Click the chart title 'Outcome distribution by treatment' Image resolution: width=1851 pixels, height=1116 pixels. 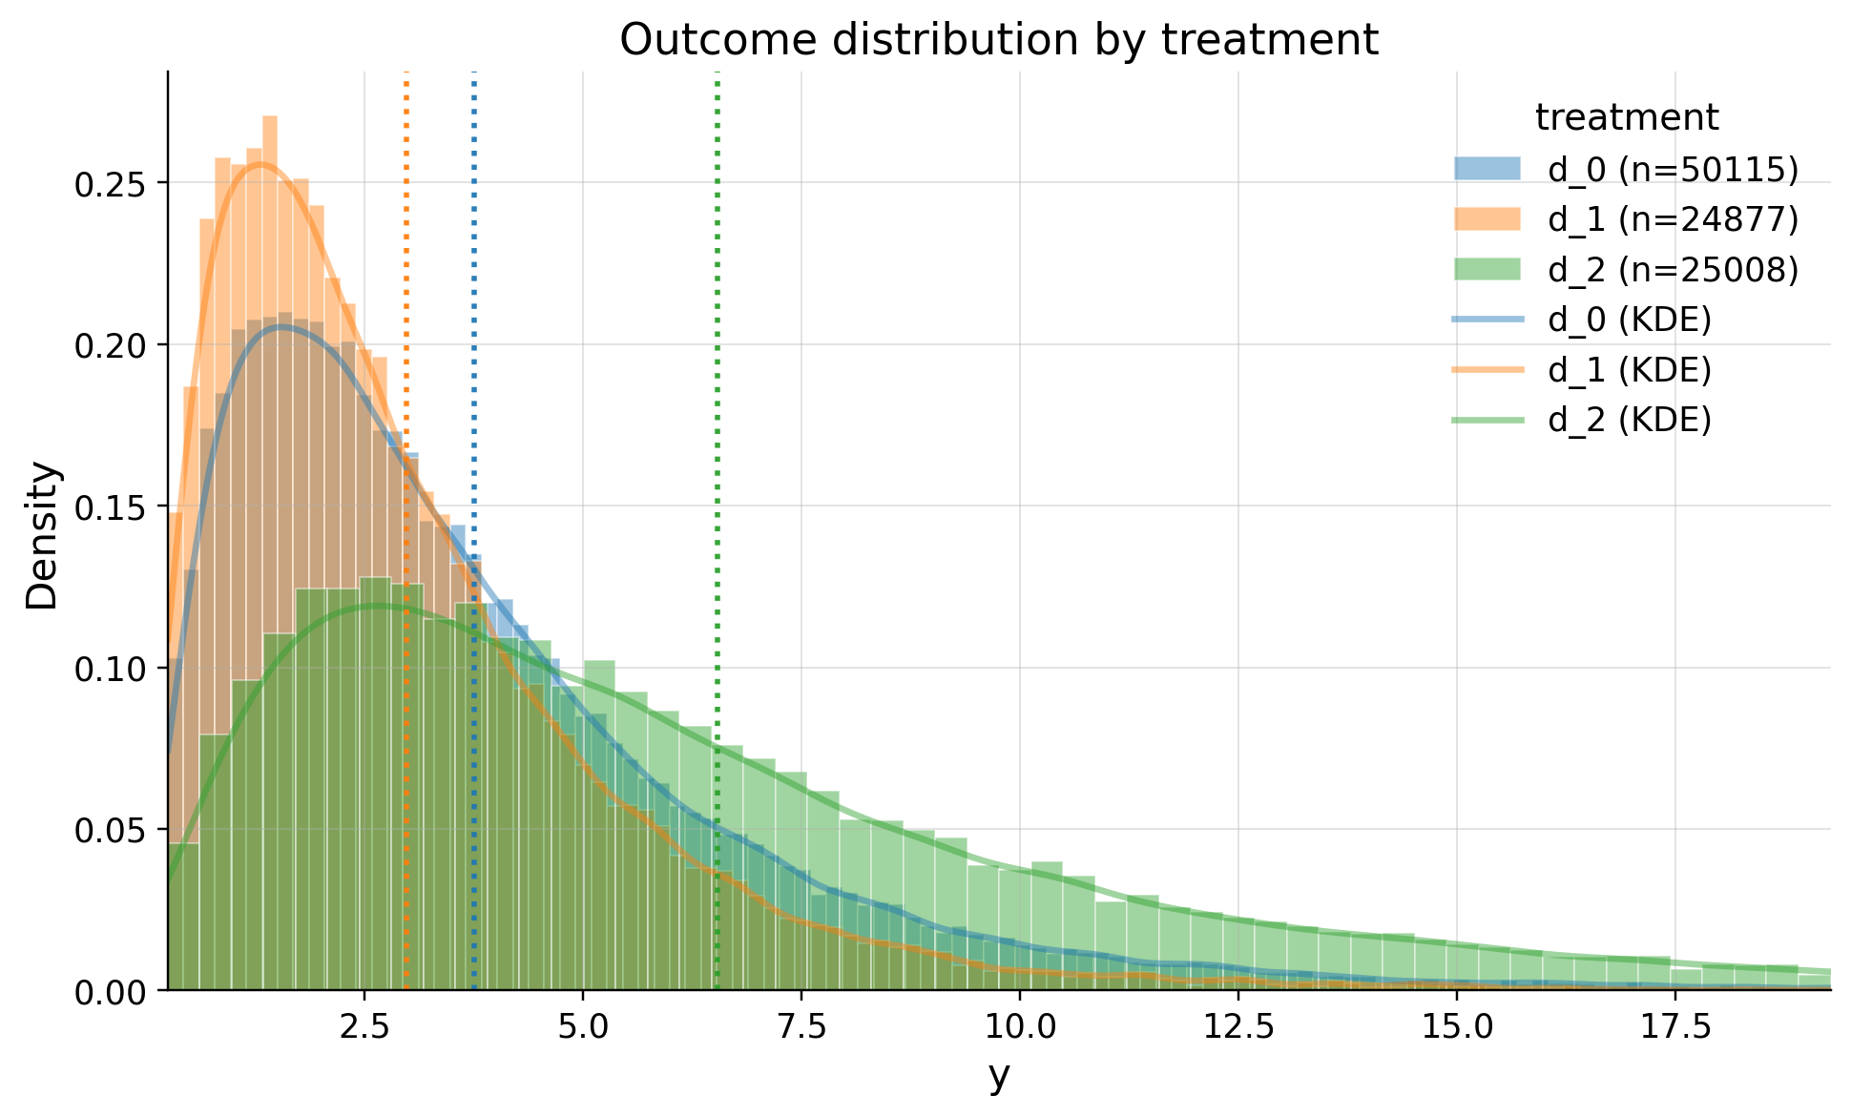tap(999, 40)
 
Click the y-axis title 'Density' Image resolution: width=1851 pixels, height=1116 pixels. tap(42, 535)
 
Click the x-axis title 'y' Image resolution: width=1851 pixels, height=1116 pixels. tap(999, 1075)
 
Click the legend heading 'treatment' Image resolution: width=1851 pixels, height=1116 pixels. tap(1627, 117)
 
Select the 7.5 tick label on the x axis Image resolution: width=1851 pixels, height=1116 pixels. tap(801, 1027)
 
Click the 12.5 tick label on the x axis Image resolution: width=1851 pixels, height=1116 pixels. tap(1237, 1027)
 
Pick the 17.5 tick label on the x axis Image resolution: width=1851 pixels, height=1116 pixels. tap(1674, 1027)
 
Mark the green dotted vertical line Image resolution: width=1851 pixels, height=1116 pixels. tap(717, 382)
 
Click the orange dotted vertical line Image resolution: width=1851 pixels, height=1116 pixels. tap(406, 286)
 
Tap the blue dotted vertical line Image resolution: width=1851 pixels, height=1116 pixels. tap(474, 286)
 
